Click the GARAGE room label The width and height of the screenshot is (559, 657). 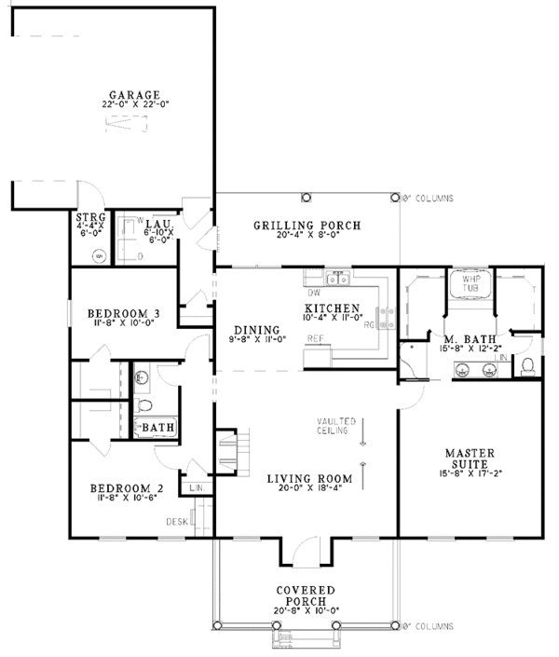click(135, 95)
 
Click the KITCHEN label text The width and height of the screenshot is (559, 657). click(333, 308)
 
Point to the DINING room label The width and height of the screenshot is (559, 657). click(257, 330)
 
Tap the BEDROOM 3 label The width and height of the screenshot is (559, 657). click(123, 313)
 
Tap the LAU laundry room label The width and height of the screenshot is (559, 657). click(155, 223)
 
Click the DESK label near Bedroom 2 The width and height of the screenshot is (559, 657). click(177, 521)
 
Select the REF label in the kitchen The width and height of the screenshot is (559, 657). click(316, 339)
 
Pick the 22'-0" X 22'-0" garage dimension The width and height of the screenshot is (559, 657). click(134, 105)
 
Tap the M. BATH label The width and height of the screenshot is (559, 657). click(461, 339)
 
